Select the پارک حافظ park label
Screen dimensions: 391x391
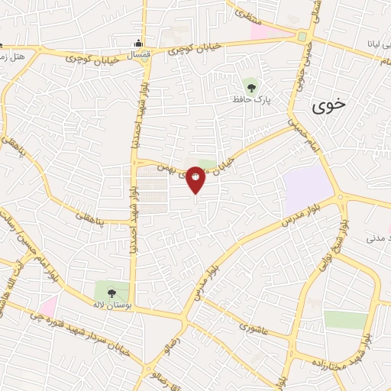pyautogui.click(x=254, y=99)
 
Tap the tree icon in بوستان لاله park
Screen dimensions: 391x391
pyautogui.click(x=111, y=292)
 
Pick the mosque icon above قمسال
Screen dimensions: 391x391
pyautogui.click(x=137, y=42)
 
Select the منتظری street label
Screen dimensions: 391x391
pyautogui.click(x=246, y=11)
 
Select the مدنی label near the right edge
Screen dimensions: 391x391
pyautogui.click(x=377, y=239)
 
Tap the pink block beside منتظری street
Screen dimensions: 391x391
pyautogui.click(x=260, y=33)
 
